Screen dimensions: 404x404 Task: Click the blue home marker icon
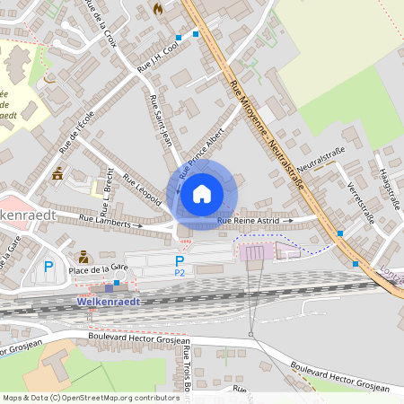[x=202, y=193]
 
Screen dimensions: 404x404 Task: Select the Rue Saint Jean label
[x=162, y=120]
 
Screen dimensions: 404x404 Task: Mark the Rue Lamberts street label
[x=106, y=219]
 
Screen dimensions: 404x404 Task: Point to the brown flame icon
[x=159, y=9]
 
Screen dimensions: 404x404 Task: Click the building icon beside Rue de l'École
[x=58, y=173]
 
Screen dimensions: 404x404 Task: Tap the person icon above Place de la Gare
[x=83, y=256]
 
